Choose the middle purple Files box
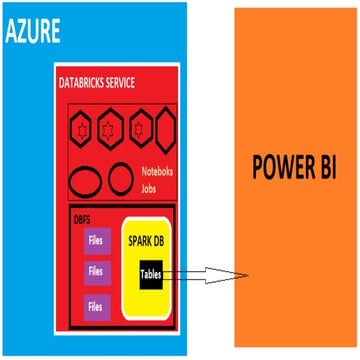click(96, 270)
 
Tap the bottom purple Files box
click(96, 305)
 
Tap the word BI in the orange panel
click(325, 165)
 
